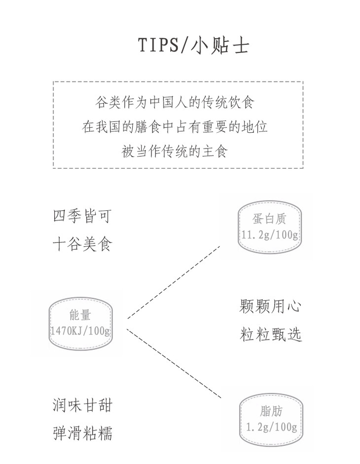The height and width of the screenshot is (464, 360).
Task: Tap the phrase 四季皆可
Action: pyautogui.click(x=82, y=216)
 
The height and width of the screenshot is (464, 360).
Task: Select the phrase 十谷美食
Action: pyautogui.click(x=82, y=244)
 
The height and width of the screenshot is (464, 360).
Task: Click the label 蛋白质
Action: pyautogui.click(x=269, y=219)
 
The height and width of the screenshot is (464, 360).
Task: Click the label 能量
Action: pyautogui.click(x=80, y=316)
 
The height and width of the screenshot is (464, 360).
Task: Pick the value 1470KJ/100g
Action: pyautogui.click(x=80, y=331)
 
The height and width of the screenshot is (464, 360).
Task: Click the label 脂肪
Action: pyautogui.click(x=271, y=411)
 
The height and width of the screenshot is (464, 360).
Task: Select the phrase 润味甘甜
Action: pyautogui.click(x=82, y=406)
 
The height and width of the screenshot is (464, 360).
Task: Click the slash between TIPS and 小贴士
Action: pyautogui.click(x=184, y=45)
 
